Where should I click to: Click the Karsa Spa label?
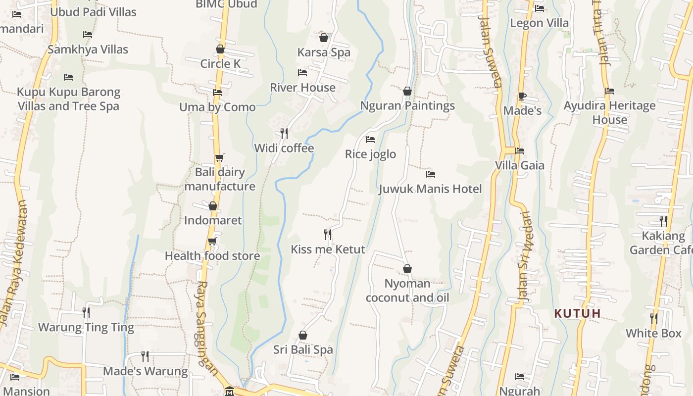(x=324, y=52)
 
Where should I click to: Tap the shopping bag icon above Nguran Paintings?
(x=407, y=91)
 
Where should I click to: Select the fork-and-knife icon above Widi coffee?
(x=284, y=133)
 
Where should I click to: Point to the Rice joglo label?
(x=370, y=154)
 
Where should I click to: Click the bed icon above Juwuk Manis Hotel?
(x=431, y=174)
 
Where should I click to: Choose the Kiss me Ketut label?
(x=328, y=249)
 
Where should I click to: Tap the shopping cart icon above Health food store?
(x=212, y=241)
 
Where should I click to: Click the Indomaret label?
(x=213, y=220)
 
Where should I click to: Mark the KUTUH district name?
(x=578, y=313)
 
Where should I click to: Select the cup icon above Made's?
(x=522, y=96)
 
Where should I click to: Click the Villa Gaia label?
(x=520, y=165)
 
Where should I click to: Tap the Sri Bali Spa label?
(x=303, y=349)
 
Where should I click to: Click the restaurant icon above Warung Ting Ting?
(x=86, y=312)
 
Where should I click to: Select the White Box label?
(x=653, y=333)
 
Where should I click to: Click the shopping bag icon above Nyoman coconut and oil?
(x=407, y=269)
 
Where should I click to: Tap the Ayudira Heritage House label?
(x=609, y=112)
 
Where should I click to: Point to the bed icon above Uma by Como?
(x=217, y=93)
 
